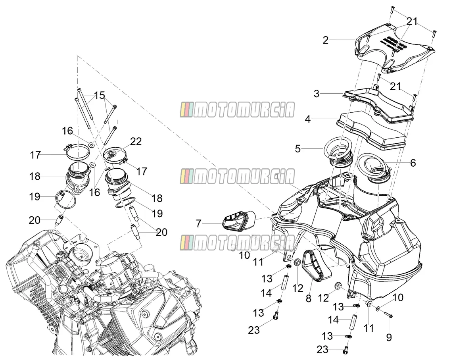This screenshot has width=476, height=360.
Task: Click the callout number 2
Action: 326,40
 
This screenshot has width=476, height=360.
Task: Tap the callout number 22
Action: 136,141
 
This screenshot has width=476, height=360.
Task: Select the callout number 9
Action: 389,337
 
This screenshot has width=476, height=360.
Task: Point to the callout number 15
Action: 100,95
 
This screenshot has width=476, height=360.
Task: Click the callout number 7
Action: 198,224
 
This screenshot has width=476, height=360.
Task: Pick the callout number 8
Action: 308,298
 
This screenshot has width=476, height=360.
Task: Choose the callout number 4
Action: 307,119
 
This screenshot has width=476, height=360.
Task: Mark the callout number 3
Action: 317,94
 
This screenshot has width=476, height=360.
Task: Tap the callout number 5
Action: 298,148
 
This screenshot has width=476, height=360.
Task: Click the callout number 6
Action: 413,163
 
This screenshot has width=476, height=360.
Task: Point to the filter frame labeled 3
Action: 378,104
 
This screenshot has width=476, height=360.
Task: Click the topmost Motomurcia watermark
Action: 237,110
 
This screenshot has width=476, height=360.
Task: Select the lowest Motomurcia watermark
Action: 237,243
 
